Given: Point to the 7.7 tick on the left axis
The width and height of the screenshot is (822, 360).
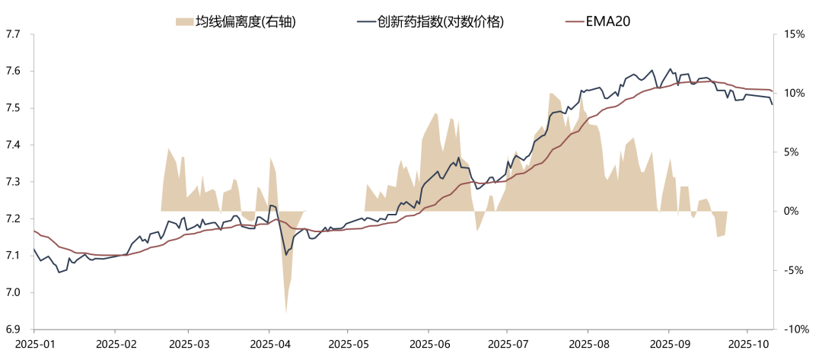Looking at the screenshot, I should coord(14,34).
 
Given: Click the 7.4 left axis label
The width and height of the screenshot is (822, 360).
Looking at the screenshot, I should coord(14,145).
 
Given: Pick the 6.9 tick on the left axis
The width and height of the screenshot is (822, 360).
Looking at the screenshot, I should coord(14,329).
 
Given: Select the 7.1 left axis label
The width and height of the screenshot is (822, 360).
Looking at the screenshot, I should coord(14,255).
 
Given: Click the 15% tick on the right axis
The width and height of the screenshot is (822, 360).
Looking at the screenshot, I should coord(795,34).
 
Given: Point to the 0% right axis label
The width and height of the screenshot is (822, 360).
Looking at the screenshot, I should coord(792,211).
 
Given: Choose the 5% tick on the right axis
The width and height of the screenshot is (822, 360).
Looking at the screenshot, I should coord(792,152).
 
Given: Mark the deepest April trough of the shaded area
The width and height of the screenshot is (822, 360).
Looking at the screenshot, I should coord(285,313).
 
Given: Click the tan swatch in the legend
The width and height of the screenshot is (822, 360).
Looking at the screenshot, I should coord(183,22).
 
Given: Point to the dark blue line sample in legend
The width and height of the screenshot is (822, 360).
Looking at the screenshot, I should coord(366,22).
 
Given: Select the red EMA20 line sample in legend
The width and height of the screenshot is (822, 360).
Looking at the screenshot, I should coord(572,22).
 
